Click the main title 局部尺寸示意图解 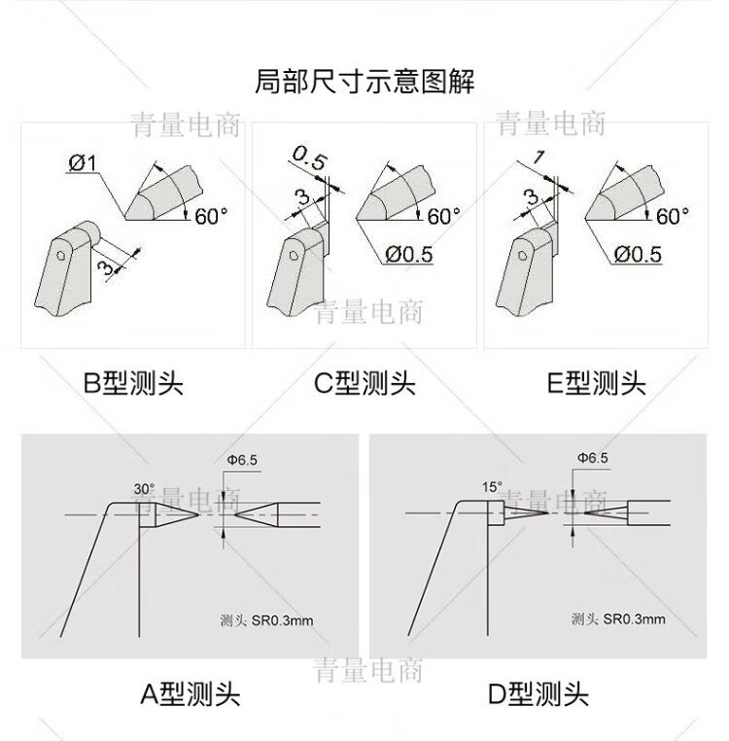coord(364,82)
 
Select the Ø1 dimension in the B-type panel coord(83,163)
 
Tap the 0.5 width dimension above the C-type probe coord(309,158)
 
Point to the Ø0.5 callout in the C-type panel coord(408,254)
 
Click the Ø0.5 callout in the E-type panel coord(638,254)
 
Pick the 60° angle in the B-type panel coord(211,217)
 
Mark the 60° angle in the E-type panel coord(673,217)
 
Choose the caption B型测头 coord(133,383)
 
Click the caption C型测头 coord(364,383)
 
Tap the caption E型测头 coord(596,383)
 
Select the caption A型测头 coord(191,694)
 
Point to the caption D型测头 coord(538,694)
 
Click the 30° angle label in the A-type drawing coord(144,489)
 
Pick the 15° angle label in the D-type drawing coord(492,487)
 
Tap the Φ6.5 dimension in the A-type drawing coord(242,460)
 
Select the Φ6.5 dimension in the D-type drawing coord(593,457)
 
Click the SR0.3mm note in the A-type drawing coord(282,620)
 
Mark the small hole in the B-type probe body coord(61,255)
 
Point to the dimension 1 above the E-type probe coord(539,158)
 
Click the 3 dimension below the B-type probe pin coord(106,267)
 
